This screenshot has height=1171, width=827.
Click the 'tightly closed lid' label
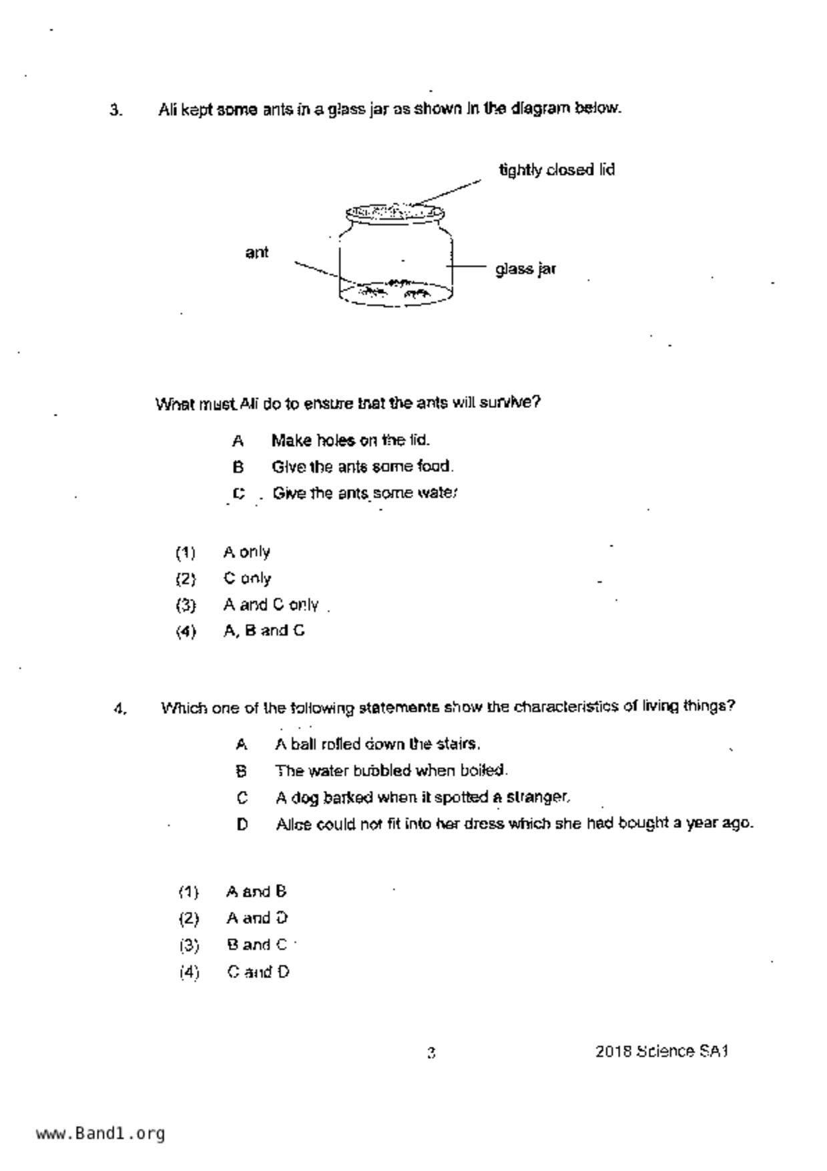point(557,170)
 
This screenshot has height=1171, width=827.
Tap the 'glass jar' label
point(525,269)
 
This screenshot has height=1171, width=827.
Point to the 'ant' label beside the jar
point(257,252)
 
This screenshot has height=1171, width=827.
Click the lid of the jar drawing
point(394,213)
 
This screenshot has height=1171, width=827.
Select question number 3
point(116,110)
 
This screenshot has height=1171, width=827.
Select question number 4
point(120,709)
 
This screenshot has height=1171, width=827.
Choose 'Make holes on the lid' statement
point(350,441)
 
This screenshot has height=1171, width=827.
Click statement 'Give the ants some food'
point(362,467)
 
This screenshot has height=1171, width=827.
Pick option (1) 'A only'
point(246,552)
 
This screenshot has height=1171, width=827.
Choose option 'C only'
point(247,578)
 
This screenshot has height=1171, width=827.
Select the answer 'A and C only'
point(270,605)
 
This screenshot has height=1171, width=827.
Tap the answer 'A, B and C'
point(264,631)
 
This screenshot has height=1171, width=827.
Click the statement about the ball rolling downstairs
point(377,744)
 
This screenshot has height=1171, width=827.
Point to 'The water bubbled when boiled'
point(391,771)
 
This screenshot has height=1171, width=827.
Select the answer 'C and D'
point(258,972)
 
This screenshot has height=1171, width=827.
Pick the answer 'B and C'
point(256,945)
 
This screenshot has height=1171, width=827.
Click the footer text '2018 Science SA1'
point(661,1051)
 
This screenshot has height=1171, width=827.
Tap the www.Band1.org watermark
point(100,1134)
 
